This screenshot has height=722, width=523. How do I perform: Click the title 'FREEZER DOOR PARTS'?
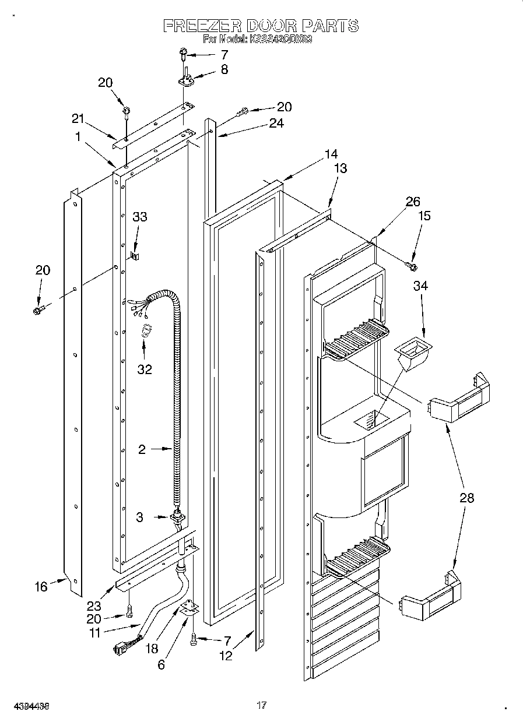260,26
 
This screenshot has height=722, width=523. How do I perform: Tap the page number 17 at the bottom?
262,706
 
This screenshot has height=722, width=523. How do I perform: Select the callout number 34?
421,286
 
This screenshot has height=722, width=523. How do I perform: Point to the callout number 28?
466,498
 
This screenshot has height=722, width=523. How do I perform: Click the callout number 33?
139,217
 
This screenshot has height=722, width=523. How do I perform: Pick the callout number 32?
144,369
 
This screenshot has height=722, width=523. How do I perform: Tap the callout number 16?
40,587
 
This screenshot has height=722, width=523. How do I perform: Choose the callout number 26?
413,202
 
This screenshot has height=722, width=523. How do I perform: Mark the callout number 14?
331,154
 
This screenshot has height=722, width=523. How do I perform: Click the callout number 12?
226,656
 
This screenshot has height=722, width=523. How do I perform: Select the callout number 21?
78,119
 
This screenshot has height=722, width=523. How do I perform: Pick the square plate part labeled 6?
188,610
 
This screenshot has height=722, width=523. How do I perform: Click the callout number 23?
93,589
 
